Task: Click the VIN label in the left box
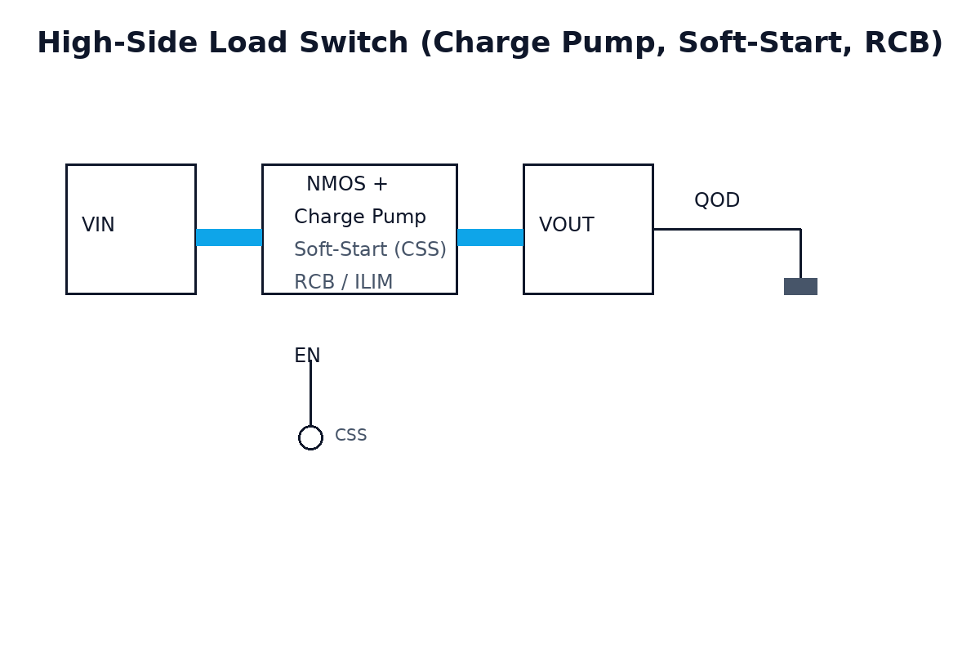[98, 226]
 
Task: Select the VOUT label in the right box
[566, 226]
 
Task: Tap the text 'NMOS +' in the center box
[347, 185]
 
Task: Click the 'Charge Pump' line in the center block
[359, 217]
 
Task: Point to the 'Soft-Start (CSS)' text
[370, 250]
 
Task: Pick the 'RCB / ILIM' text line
[343, 283]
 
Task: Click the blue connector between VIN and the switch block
[229, 237]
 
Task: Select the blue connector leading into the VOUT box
[490, 237]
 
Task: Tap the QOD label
[716, 201]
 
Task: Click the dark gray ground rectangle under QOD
[800, 286]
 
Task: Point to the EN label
[307, 356]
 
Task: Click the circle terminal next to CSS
[310, 437]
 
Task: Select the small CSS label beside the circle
[350, 436]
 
